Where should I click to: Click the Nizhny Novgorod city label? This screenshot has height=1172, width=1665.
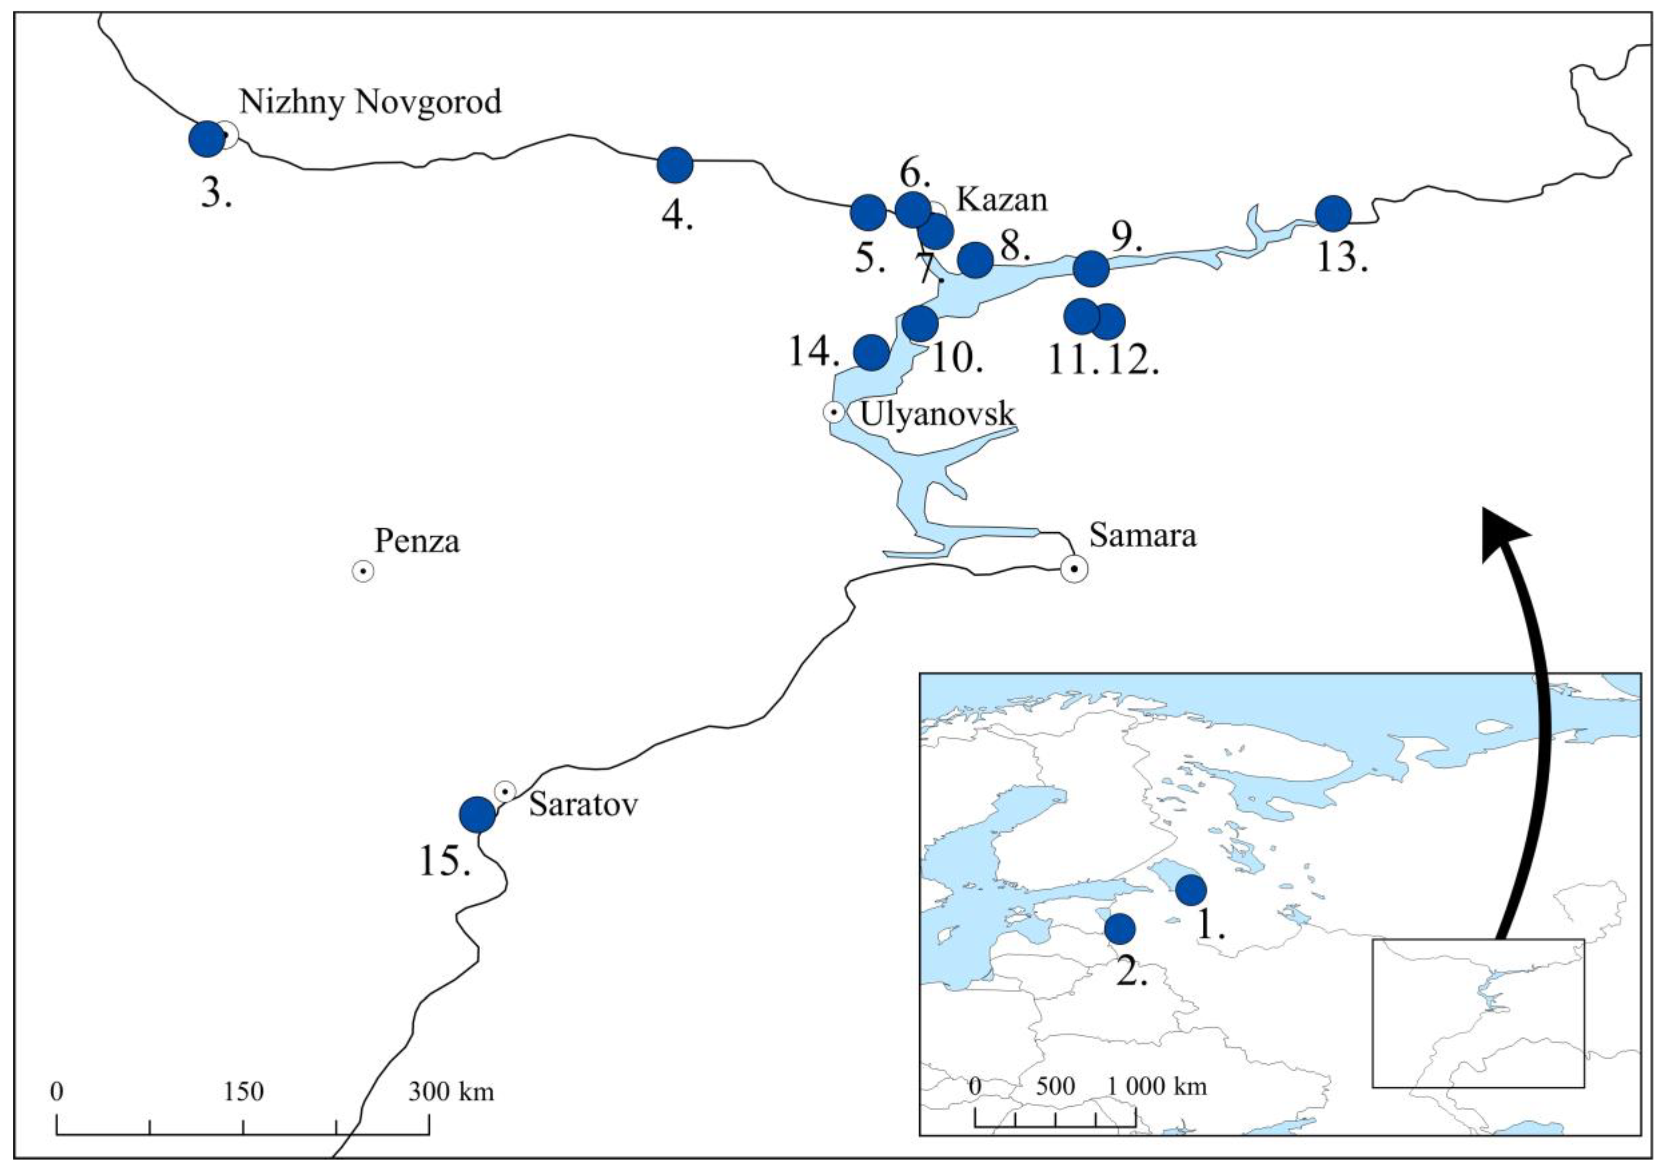[370, 102]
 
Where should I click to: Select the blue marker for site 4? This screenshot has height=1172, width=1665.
[675, 165]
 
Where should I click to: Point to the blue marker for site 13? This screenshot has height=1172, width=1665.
[1333, 214]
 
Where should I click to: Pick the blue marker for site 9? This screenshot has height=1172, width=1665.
[1091, 268]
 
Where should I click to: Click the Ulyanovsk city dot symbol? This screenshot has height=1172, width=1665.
[834, 412]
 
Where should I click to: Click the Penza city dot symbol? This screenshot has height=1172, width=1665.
[364, 572]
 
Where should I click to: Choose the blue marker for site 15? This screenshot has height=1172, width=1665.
[478, 815]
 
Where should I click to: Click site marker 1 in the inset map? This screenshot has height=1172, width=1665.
[1191, 890]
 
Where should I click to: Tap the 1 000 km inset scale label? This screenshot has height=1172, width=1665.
[1157, 1087]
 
